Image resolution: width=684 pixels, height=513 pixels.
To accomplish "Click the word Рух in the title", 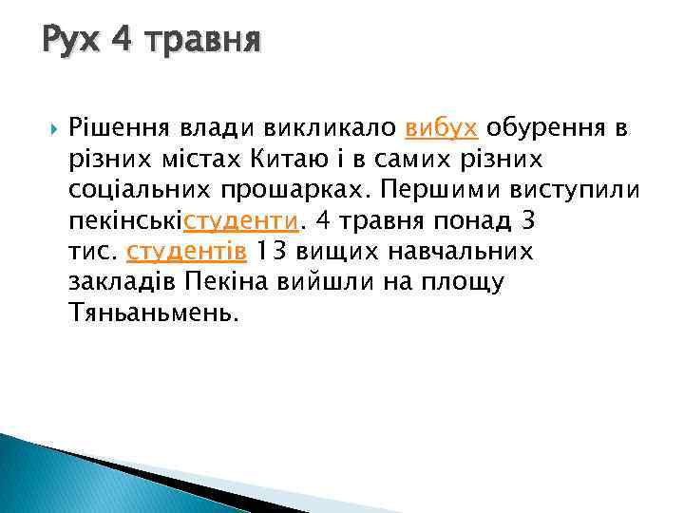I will [70, 41].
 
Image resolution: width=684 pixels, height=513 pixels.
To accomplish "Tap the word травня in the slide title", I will [201, 41].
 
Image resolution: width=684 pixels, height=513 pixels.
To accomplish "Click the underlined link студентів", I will [186, 252].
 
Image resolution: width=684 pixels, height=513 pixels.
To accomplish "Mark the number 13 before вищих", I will [272, 252].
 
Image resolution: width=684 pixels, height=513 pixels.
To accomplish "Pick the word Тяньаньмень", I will [149, 313].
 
